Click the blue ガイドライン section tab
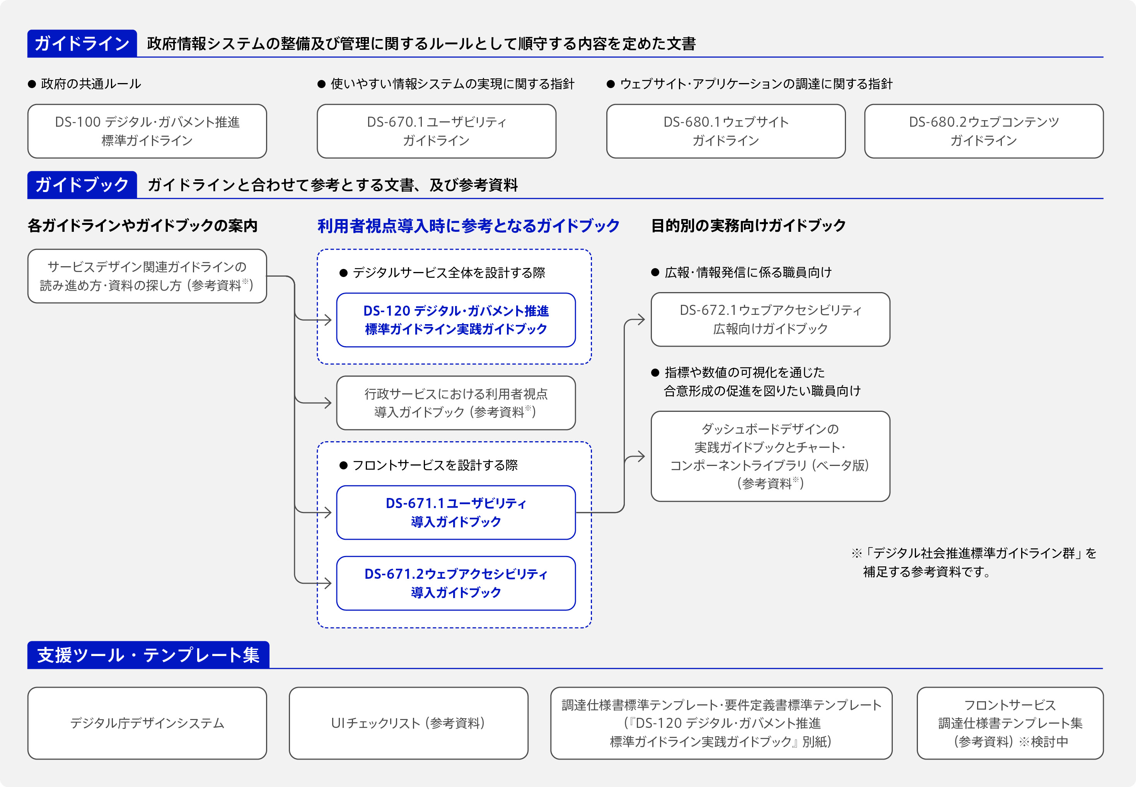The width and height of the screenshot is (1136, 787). (82, 43)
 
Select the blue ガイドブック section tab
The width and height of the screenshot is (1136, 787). (82, 185)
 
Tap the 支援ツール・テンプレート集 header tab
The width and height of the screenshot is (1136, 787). (148, 655)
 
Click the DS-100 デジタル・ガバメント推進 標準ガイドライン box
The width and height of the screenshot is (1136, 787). (147, 131)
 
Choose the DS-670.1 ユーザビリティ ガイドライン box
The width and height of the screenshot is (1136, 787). (436, 131)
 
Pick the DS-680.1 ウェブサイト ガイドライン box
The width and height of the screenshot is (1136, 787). (725, 131)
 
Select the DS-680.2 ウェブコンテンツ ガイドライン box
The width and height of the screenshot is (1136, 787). (984, 131)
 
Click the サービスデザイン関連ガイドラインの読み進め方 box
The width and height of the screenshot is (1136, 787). (147, 276)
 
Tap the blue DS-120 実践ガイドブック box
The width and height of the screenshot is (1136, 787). (455, 320)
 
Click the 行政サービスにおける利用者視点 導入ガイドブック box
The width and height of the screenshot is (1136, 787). (455, 403)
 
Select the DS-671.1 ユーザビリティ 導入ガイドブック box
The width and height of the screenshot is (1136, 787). (455, 512)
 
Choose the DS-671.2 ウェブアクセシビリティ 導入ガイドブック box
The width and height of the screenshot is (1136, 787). (455, 583)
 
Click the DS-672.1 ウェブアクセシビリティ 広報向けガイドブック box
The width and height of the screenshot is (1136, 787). (770, 320)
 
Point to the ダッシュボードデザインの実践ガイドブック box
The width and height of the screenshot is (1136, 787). (770, 456)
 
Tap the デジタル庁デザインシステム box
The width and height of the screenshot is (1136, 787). (147, 723)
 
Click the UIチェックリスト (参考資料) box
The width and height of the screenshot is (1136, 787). (408, 723)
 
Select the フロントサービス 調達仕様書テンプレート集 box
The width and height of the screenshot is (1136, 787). (1010, 723)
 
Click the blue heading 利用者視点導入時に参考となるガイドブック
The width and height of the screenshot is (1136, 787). (468, 226)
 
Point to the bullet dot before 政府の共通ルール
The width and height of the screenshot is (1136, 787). (32, 84)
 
